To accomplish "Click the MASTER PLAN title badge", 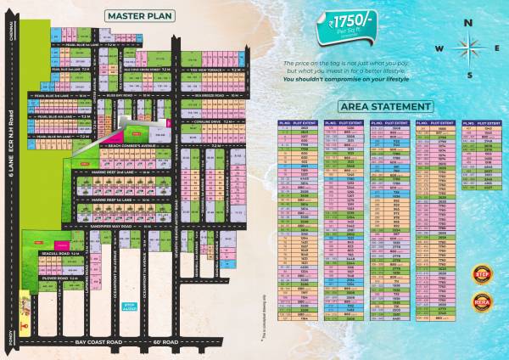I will coord(140,16).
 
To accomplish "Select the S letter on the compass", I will coord(469,74).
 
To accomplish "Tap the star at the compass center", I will coord(469,48).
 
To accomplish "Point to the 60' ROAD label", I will coord(165,340).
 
